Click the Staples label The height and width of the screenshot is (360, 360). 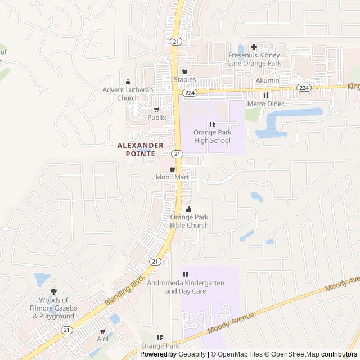[184, 79]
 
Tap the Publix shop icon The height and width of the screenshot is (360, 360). [156, 110]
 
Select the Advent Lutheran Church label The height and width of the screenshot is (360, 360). [128, 94]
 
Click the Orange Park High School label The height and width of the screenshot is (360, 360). [212, 137]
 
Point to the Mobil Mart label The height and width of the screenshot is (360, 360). [172, 177]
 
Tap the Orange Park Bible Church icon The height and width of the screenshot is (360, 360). [189, 210]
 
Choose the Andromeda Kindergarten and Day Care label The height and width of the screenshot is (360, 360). [185, 287]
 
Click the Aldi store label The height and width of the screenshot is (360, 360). [102, 339]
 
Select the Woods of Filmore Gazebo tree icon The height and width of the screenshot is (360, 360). [53, 291]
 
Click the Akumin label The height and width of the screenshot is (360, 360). [267, 80]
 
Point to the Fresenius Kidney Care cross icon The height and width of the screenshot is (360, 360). [254, 47]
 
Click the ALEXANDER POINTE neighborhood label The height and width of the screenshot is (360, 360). [141, 149]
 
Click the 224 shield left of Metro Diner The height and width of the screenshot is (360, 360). [190, 92]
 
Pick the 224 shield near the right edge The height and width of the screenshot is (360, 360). [304, 88]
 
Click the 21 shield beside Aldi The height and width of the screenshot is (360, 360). [67, 330]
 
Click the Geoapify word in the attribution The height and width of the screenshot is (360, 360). [192, 354]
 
